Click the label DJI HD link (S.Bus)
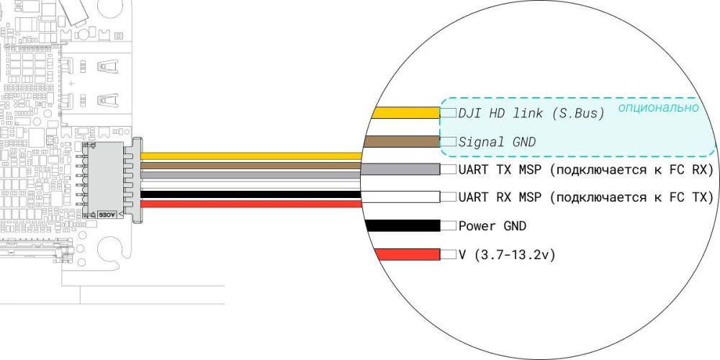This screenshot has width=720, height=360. click(531, 114)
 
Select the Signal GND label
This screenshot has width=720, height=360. click(497, 142)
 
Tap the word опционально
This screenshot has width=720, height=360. click(658, 108)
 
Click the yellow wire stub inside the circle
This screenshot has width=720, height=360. click(405, 113)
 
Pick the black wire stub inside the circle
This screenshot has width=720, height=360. click(402, 226)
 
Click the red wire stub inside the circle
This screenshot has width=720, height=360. click(407, 255)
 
